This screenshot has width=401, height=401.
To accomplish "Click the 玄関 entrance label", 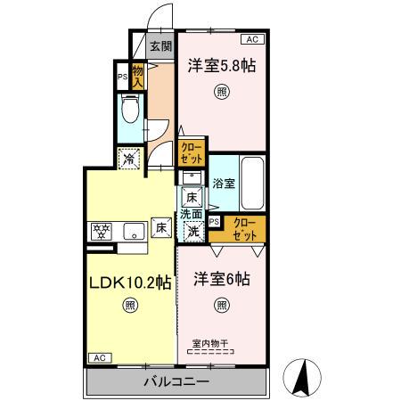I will [x=160, y=48].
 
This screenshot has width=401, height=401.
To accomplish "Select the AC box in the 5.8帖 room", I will [x=252, y=39].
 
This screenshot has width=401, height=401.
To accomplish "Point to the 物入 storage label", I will [x=137, y=76].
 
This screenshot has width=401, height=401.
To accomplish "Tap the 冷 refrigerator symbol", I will [x=131, y=160].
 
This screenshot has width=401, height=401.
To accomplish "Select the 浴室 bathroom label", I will [x=224, y=183].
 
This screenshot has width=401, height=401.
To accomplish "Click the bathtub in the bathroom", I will [x=253, y=181].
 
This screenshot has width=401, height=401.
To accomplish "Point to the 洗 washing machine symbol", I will [x=192, y=229].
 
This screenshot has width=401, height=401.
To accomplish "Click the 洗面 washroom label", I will [x=192, y=214].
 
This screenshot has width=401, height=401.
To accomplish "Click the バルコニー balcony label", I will [x=176, y=382].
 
